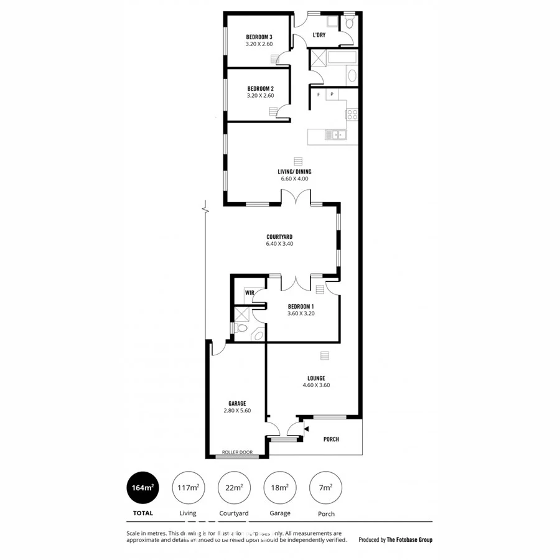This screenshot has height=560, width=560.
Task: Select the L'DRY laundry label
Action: [319, 35]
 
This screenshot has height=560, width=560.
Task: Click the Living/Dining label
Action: [294, 172]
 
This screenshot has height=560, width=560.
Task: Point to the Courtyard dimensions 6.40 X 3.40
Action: [279, 244]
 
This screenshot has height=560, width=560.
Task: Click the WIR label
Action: [250, 292]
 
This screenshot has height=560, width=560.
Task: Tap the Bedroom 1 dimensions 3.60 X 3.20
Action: [301, 314]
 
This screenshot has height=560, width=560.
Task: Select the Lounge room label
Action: [315, 378]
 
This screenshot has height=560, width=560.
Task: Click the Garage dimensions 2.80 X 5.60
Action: [237, 411]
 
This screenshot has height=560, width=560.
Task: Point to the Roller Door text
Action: [237, 452]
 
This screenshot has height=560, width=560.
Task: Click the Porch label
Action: [331, 439]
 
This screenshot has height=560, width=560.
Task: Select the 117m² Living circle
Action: [188, 487]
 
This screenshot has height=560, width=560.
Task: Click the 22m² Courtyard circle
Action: [234, 487]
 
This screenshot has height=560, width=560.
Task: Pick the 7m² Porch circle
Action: [325, 487]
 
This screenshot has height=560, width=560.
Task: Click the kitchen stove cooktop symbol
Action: [352, 114]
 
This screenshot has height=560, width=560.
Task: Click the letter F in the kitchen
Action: [319, 95]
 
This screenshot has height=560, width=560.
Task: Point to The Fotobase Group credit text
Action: [409, 539]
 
